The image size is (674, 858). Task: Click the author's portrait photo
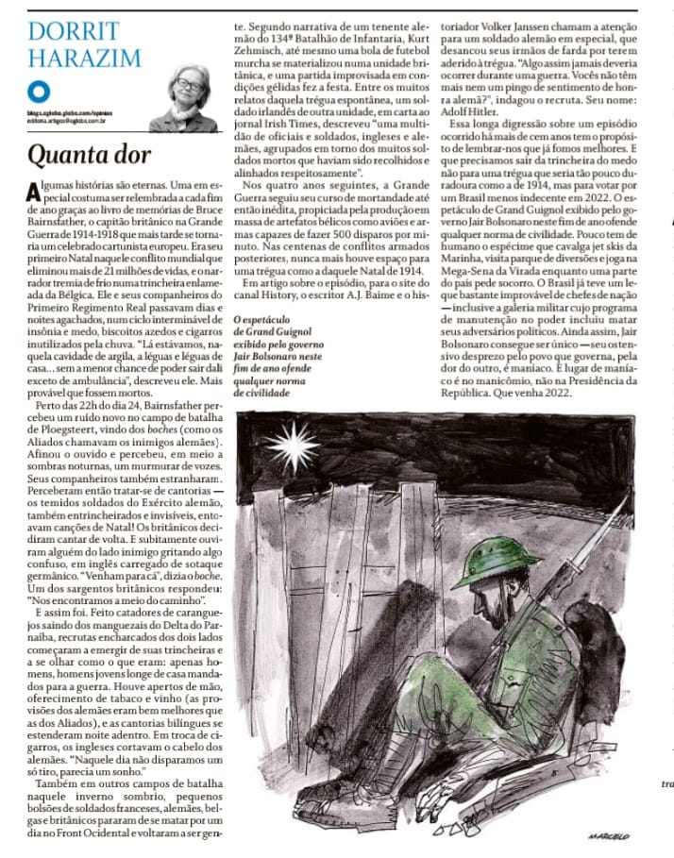187,99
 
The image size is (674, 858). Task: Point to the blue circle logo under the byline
36,91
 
